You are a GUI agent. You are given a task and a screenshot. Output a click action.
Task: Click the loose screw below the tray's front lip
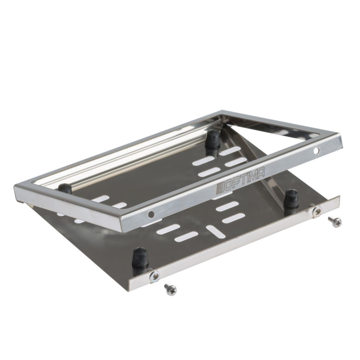click(171, 289)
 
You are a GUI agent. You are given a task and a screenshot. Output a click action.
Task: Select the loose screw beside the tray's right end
click(335, 221)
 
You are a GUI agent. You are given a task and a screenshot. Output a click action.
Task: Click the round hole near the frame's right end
click(316, 151)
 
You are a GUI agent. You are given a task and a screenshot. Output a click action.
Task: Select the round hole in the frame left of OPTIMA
click(151, 215)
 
